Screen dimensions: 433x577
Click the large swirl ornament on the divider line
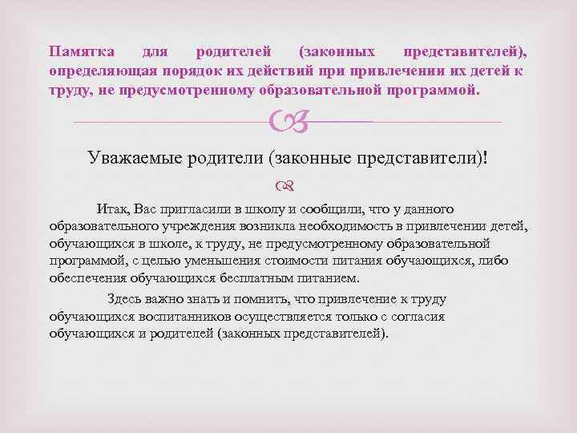[x=287, y=122]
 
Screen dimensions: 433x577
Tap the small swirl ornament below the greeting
[x=288, y=186]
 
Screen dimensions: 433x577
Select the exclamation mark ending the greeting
[x=486, y=158]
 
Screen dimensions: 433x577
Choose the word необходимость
[x=342, y=227]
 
